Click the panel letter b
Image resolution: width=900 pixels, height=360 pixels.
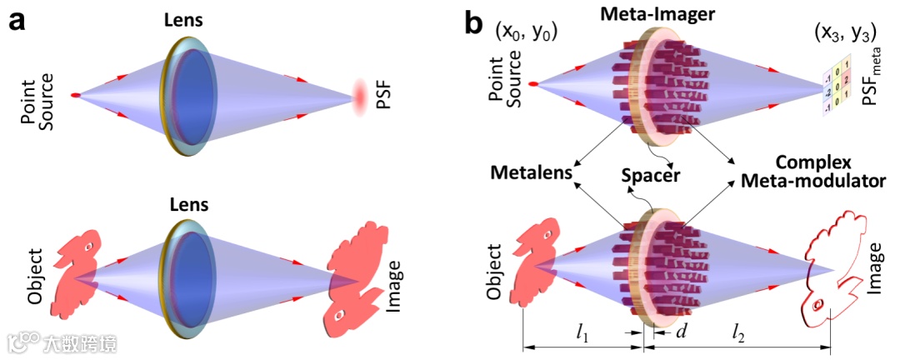point(473,22)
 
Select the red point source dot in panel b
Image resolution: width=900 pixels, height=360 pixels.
point(543,84)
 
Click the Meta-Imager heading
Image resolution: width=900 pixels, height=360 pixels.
point(663,15)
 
